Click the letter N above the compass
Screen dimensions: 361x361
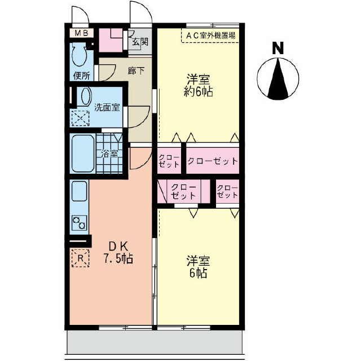pos(277,49)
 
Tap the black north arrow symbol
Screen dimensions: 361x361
pos(277,79)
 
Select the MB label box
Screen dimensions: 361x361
pos(80,33)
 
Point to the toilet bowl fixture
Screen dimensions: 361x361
pos(79,55)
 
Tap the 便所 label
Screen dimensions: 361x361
pos(81,76)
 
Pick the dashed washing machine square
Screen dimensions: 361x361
pos(80,118)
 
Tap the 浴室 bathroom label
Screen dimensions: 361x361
pos(109,153)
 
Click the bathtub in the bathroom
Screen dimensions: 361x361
pos(82,153)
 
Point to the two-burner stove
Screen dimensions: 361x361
pos(79,223)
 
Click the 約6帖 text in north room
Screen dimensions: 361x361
pos(199,92)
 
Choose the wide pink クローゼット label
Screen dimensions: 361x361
pos(213,161)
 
